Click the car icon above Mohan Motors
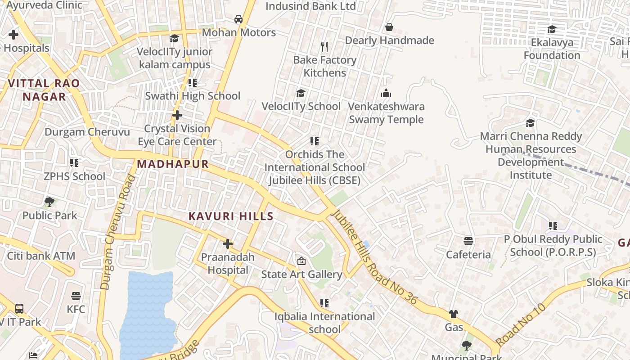tap(238, 19)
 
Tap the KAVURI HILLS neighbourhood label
tap(231, 216)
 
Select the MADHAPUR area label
tap(173, 164)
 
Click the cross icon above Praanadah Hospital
tap(228, 244)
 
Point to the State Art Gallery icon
tap(301, 261)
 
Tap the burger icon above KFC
tap(76, 296)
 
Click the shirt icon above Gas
tap(454, 314)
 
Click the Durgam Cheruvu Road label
tap(117, 232)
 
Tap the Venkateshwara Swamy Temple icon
tap(386, 94)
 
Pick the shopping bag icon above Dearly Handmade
tap(389, 27)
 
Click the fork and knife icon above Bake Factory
tap(324, 46)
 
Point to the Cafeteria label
tap(468, 255)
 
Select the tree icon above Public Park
tap(49, 202)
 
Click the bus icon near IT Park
tap(19, 309)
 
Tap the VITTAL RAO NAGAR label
tap(44, 90)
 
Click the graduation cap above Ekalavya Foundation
tap(552, 30)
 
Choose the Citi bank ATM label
tap(41, 256)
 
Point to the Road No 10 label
tap(520, 324)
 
